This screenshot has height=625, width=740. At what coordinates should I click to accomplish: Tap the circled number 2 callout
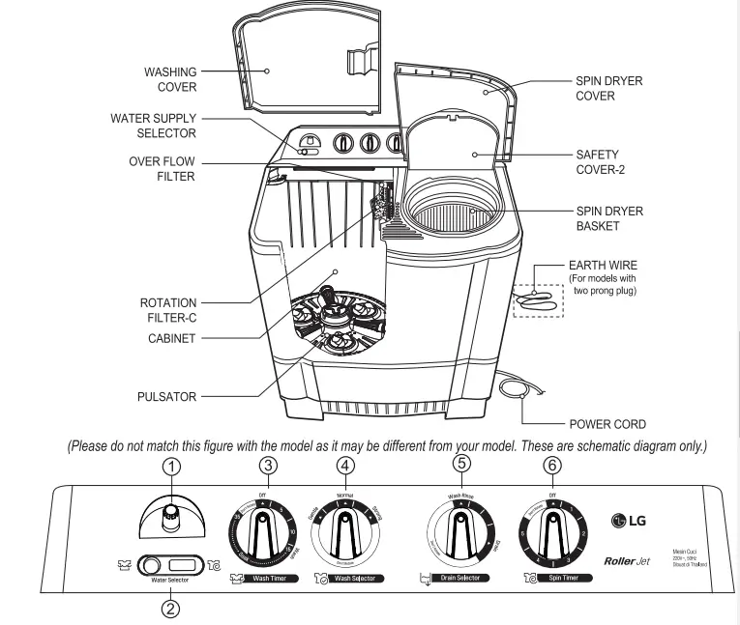coord(169,609)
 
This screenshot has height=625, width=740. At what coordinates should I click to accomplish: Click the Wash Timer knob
coord(261,536)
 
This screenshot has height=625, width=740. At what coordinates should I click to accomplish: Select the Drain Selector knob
coord(461,537)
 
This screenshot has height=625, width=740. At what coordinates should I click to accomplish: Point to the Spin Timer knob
coord(553,537)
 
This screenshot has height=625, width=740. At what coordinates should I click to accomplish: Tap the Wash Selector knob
coord(345,537)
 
